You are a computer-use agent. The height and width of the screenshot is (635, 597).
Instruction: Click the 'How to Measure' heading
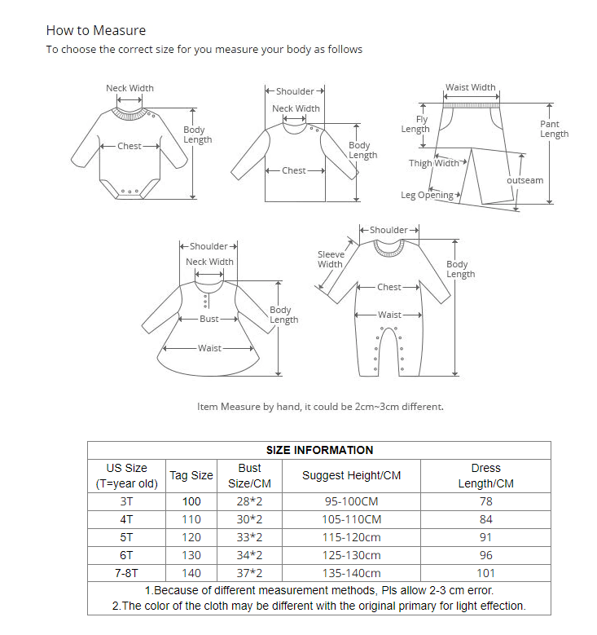pyautogui.click(x=96, y=31)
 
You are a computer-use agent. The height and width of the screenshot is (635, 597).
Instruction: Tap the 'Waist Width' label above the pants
pyautogui.click(x=470, y=87)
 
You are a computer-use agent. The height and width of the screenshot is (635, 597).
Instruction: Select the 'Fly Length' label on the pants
pyautogui.click(x=416, y=124)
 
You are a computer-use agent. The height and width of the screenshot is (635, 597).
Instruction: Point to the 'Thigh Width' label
pyautogui.click(x=433, y=163)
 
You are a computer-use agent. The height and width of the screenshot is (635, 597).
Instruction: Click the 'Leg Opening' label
pyautogui.click(x=427, y=196)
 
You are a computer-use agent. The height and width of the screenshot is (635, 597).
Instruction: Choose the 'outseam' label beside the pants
pyautogui.click(x=525, y=180)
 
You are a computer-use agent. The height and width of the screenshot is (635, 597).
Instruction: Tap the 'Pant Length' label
pyautogui.click(x=554, y=129)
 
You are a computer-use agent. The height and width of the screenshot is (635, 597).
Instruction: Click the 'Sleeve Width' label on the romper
pyautogui.click(x=331, y=259)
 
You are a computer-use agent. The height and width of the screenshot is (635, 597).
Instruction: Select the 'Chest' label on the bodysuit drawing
pyautogui.click(x=129, y=146)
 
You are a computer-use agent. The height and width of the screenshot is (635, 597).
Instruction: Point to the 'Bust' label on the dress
pyautogui.click(x=209, y=319)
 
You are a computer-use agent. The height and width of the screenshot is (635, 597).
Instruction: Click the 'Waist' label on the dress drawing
pyautogui.click(x=209, y=348)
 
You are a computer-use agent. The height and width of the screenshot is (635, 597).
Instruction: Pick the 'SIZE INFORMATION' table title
pyautogui.click(x=319, y=450)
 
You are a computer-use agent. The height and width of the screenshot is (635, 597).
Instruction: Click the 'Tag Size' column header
pyautogui.click(x=191, y=475)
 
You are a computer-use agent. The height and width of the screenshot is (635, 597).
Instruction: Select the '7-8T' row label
pyautogui.click(x=126, y=573)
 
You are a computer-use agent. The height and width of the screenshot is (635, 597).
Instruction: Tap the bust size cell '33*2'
pyautogui.click(x=249, y=537)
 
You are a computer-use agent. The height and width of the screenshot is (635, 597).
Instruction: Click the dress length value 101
pyautogui.click(x=485, y=573)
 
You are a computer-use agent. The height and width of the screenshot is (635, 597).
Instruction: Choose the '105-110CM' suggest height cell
pyautogui.click(x=352, y=519)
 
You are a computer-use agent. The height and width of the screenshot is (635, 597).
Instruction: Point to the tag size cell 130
pyautogui.click(x=191, y=555)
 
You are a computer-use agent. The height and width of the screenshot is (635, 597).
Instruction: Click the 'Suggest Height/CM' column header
pyautogui.click(x=352, y=475)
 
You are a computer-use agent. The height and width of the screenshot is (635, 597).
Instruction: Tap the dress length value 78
pyautogui.click(x=485, y=501)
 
